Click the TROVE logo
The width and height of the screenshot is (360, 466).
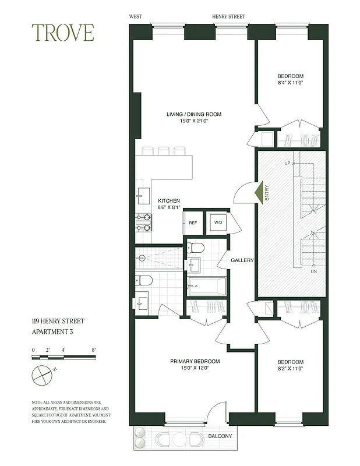click(x=63, y=33)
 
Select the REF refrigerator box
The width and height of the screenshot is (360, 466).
click(x=192, y=223)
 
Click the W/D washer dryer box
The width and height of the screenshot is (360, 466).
click(x=217, y=223)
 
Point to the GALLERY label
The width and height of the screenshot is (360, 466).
click(x=242, y=260)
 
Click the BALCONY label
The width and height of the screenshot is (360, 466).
click(x=220, y=436)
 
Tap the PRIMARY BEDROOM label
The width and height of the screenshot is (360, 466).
click(x=195, y=361)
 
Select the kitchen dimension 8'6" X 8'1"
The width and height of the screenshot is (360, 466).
click(x=170, y=207)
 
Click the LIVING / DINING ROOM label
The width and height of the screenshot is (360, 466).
click(x=194, y=114)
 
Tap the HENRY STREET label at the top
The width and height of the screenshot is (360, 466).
click(x=229, y=17)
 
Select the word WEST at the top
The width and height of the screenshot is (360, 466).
click(x=136, y=17)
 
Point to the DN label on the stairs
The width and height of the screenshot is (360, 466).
click(x=313, y=271)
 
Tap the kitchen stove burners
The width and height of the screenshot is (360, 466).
click(x=143, y=223)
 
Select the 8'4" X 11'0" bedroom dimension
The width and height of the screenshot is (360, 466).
click(x=290, y=83)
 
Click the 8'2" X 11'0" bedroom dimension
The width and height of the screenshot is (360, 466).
click(x=290, y=368)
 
